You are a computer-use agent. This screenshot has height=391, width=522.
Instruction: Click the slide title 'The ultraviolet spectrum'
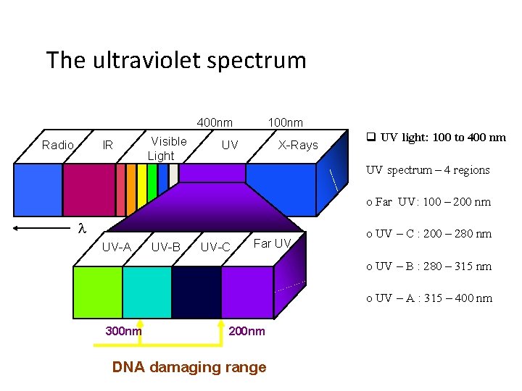tap(176, 60)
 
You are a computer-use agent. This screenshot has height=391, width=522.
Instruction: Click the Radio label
tap(58, 145)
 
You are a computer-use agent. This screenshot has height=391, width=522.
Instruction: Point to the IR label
tap(107, 145)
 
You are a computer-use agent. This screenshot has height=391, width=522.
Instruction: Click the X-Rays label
tap(298, 145)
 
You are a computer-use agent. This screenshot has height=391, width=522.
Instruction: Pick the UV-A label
tap(116, 247)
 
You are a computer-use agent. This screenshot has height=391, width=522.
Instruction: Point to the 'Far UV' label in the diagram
tap(272, 243)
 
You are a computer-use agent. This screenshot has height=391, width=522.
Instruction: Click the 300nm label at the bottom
tap(124, 331)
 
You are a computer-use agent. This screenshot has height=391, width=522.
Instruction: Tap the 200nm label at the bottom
tap(247, 331)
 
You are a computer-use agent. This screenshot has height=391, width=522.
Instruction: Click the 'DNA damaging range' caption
tap(189, 367)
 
